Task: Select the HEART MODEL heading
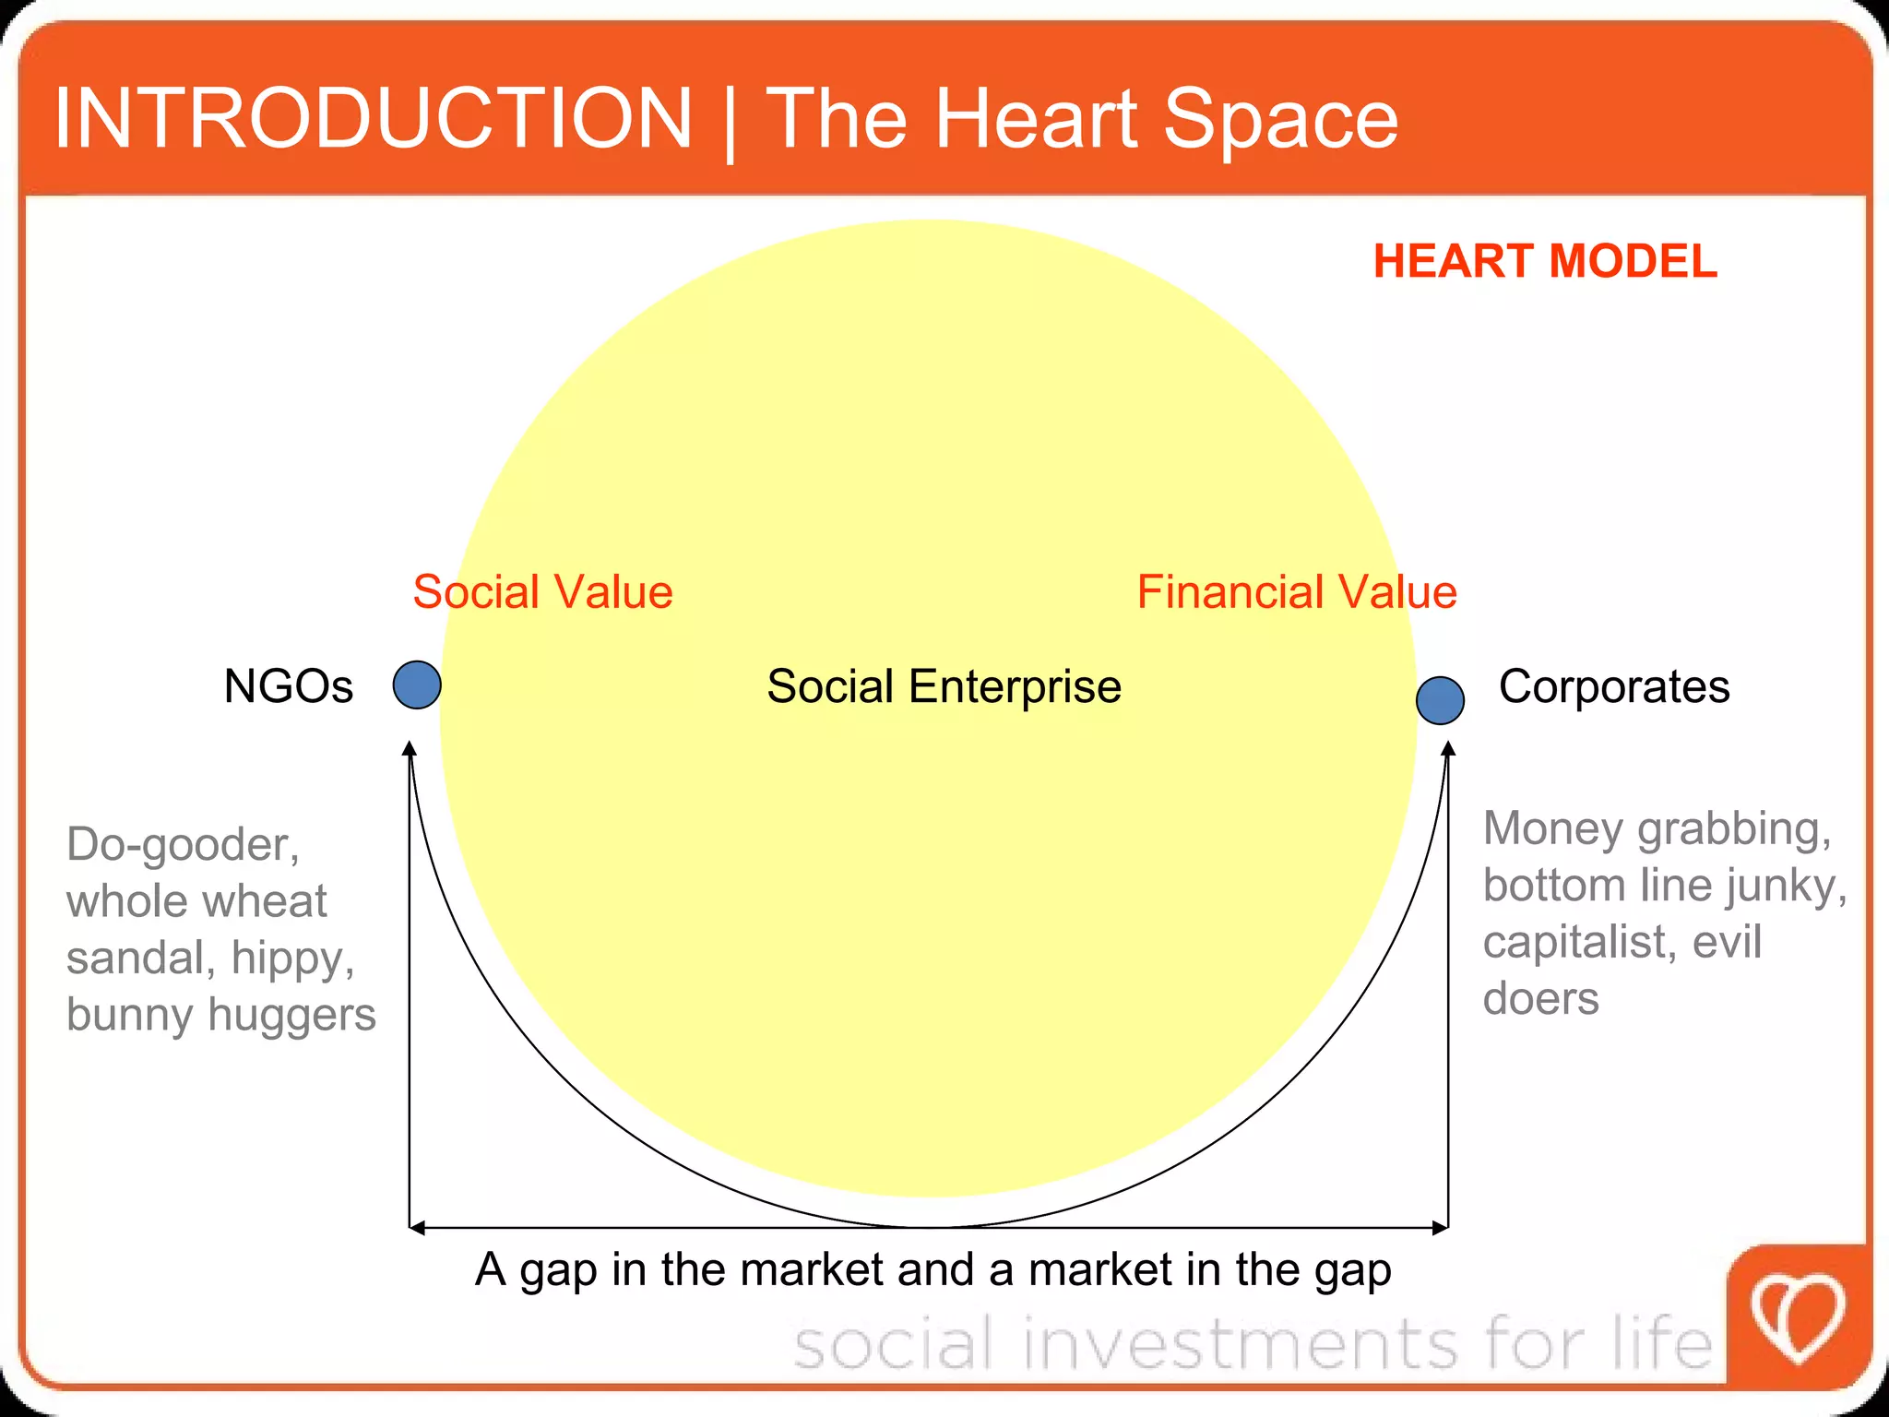tap(1545, 261)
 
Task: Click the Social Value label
tap(542, 591)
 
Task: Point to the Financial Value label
tap(1296, 591)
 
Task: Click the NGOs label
tap(289, 686)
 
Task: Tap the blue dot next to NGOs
tap(417, 685)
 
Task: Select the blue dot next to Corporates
tap(1440, 700)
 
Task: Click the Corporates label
tap(1613, 686)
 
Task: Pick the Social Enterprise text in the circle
tap(944, 686)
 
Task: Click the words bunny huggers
tap(221, 1015)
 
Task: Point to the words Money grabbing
tap(1657, 828)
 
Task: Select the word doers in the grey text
tap(1540, 999)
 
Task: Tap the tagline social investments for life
tap(1253, 1343)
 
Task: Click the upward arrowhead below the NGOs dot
tap(410, 749)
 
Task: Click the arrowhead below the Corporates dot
tap(1448, 749)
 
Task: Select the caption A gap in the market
tap(933, 1269)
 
